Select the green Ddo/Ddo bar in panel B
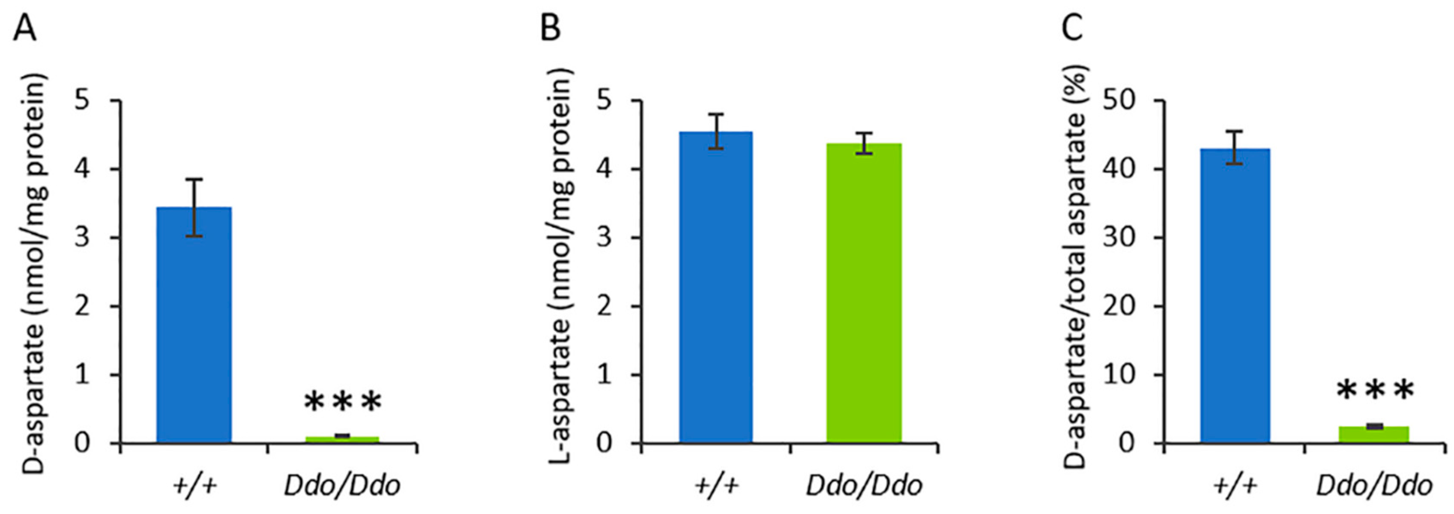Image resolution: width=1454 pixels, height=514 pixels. coord(864,293)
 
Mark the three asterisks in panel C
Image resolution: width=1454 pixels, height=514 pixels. coord(1375,391)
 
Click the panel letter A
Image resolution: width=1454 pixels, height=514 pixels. coord(24,28)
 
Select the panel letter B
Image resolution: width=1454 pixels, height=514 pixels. coord(550,28)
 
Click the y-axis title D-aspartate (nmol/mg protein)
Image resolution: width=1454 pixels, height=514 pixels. coord(35,271)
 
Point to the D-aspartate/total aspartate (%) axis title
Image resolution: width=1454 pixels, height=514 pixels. coord(1077,271)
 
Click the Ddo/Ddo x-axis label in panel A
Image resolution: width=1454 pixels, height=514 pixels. coord(342,486)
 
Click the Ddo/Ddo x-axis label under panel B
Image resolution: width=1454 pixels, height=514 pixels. coord(864,486)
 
